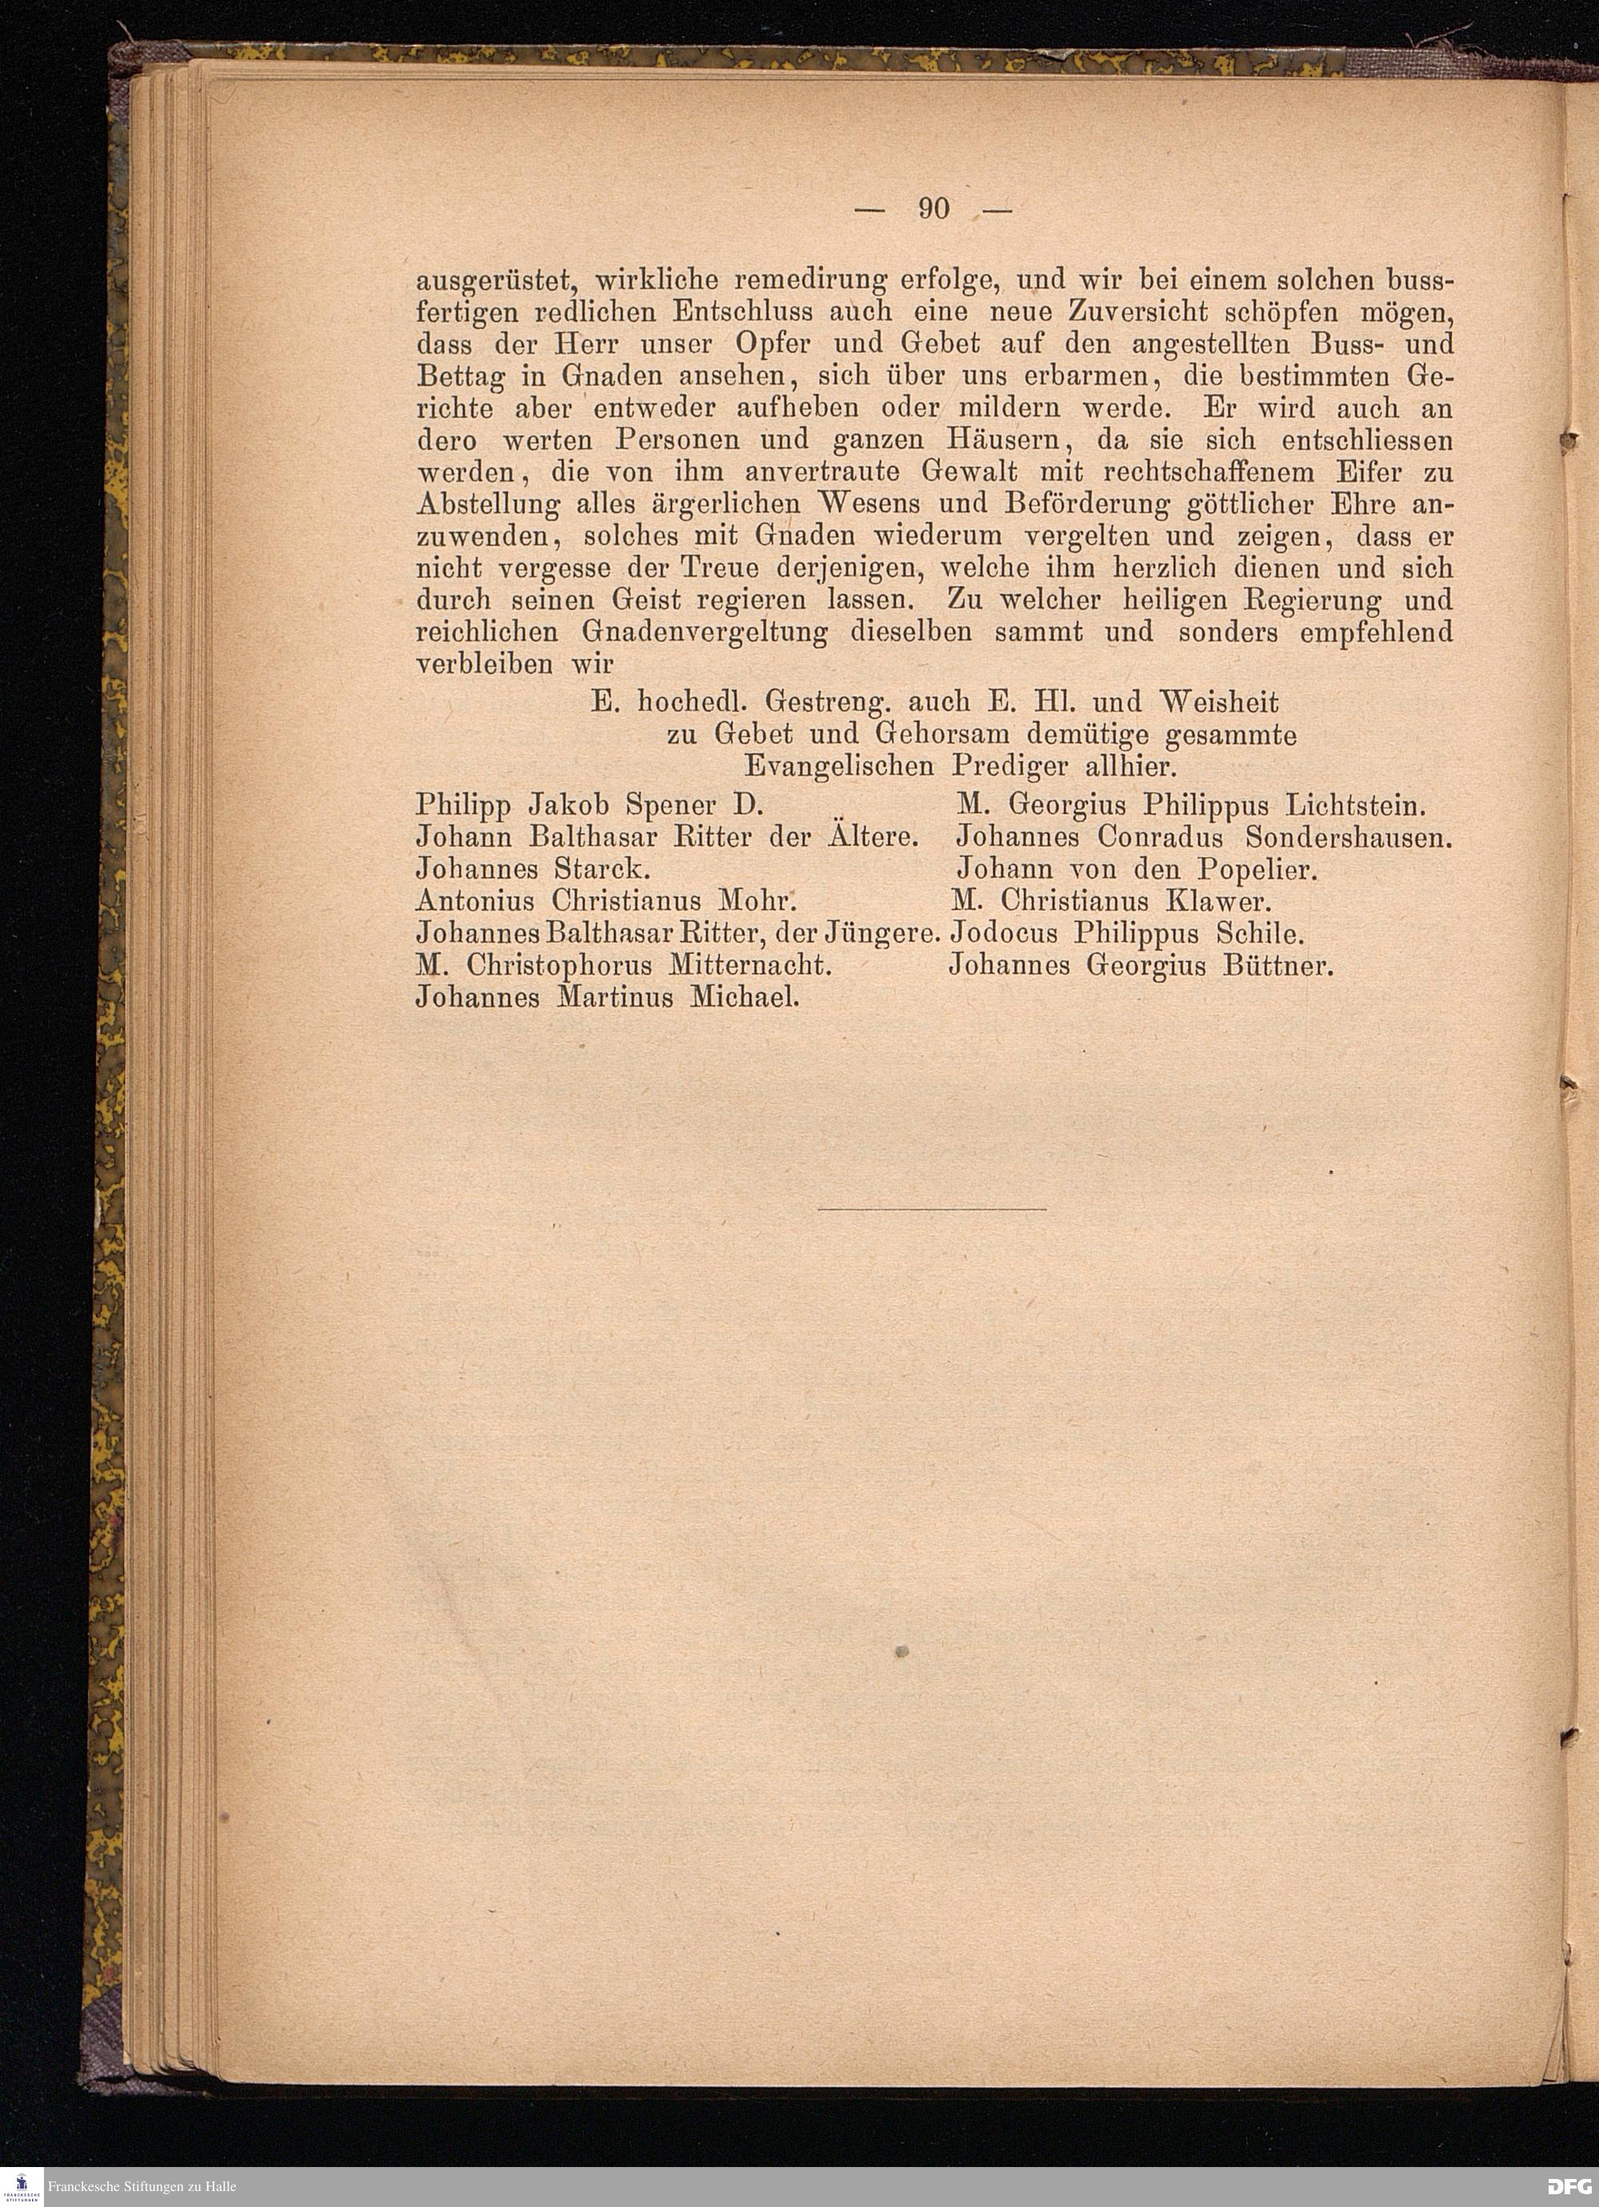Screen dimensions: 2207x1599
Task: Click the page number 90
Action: (x=932, y=209)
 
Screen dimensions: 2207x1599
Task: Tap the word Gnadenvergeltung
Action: (x=704, y=632)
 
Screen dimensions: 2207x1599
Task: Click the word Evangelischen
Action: (x=839, y=767)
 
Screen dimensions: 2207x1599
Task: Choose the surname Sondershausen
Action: (x=1349, y=837)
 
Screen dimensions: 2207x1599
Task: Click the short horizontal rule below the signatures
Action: (x=931, y=1209)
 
